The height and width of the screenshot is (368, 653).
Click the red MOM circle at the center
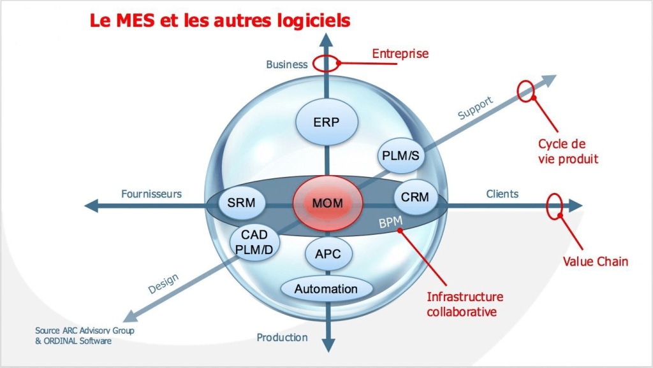tap(328, 203)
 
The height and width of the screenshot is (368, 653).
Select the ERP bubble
tap(326, 122)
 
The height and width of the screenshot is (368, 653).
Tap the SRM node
tap(242, 203)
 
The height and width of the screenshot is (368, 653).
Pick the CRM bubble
tap(415, 197)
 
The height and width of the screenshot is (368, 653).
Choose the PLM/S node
tap(400, 155)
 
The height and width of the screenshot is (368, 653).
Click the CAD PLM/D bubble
tap(254, 242)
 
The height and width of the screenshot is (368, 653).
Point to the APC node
tap(328, 253)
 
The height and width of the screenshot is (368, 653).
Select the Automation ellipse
tap(326, 288)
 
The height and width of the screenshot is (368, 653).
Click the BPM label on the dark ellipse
tap(391, 222)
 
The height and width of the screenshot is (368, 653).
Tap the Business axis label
tap(286, 64)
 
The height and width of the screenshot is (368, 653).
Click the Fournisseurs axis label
tap(151, 194)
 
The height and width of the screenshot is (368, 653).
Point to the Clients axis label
tap(503, 194)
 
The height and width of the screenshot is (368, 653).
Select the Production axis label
tap(282, 337)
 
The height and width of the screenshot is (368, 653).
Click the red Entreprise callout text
tap(400, 53)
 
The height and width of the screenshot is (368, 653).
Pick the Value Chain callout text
tap(595, 262)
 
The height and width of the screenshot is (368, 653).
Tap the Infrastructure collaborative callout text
tap(465, 304)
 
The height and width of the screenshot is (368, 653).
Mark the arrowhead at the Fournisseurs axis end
tap(91, 206)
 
